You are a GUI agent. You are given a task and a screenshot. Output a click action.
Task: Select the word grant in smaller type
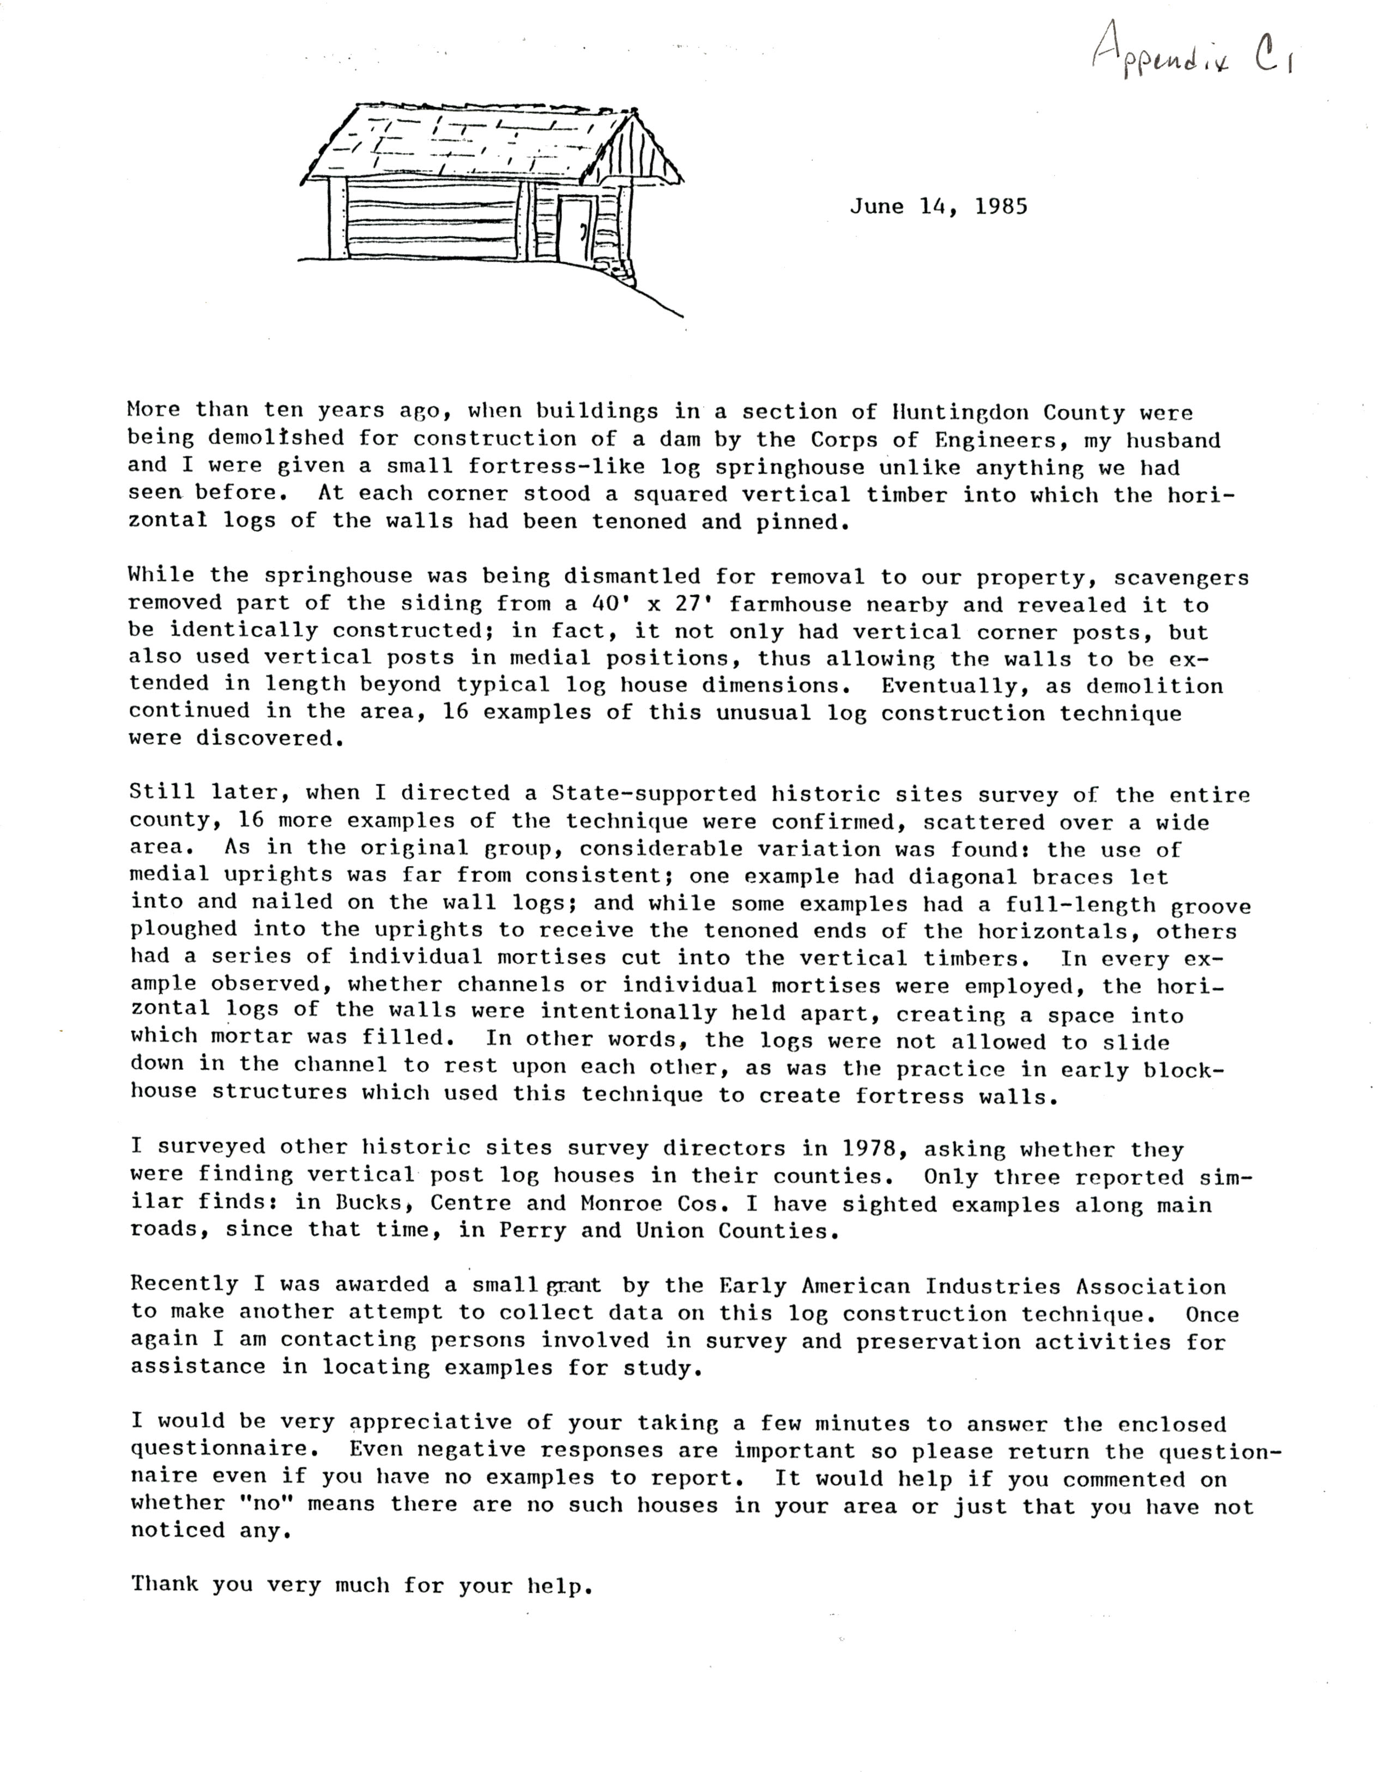(x=573, y=1286)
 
